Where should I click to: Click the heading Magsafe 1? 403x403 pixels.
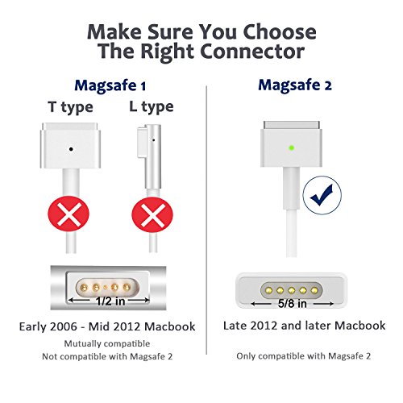click(110, 86)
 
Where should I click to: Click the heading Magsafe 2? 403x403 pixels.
click(295, 85)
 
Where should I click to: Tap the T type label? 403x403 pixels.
click(71, 107)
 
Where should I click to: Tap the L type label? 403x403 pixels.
click(152, 107)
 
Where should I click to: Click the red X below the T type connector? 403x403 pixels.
click(69, 214)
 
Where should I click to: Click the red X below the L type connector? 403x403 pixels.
click(152, 215)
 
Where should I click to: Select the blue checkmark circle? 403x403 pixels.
click(322, 195)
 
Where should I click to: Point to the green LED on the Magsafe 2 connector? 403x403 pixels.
click(292, 147)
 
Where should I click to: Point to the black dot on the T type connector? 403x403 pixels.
click(71, 149)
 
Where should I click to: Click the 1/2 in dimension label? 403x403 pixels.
click(110, 301)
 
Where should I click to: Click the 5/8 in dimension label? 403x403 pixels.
click(293, 304)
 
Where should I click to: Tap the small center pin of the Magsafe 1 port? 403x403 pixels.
click(106, 288)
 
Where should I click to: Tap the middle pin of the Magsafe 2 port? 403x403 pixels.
click(292, 290)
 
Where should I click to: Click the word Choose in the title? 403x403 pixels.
click(280, 32)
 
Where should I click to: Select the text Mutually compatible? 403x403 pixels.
click(107, 343)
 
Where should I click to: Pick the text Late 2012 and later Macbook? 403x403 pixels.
click(305, 326)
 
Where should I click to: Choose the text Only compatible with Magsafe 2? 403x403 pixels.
click(304, 356)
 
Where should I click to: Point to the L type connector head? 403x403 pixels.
click(149, 156)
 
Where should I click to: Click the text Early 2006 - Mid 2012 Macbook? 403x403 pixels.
click(107, 326)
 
